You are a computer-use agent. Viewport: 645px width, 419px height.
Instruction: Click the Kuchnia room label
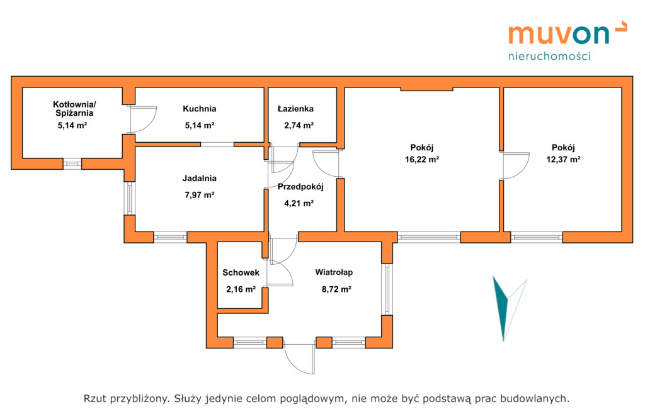point(200,109)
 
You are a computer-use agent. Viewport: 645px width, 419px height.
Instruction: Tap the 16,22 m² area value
point(421,159)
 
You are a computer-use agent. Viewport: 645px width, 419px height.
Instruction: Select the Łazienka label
point(295,109)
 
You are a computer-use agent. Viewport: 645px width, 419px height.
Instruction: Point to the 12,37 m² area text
point(563,159)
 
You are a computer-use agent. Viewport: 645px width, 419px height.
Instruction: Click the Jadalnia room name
point(200,178)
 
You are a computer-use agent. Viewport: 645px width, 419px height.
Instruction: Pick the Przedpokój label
point(300,187)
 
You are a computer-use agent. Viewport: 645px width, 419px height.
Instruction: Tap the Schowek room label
point(241,272)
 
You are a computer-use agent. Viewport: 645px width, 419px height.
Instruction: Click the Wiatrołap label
point(334,272)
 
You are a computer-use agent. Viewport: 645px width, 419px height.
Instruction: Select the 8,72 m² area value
point(336,289)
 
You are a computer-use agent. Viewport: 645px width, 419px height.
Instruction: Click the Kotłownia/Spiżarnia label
point(74,109)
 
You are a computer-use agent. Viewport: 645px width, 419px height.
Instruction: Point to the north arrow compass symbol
point(508,309)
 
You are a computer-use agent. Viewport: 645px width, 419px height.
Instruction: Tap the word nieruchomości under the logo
point(549,56)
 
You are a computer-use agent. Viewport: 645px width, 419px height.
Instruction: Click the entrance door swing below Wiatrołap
point(299,359)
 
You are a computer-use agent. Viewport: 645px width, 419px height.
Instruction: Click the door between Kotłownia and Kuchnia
point(142,120)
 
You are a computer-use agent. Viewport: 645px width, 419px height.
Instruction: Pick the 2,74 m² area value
point(299,125)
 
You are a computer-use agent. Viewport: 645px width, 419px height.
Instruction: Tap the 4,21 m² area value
point(299,203)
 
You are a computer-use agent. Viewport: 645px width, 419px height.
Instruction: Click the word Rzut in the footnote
point(96,398)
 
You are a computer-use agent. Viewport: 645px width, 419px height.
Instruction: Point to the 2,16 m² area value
point(241,289)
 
